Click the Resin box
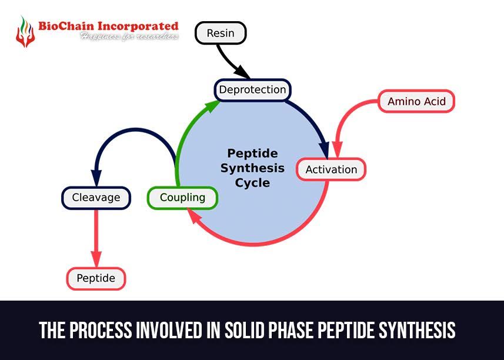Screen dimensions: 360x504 point(220,34)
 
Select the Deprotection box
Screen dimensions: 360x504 point(252,90)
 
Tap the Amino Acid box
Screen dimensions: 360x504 point(416,101)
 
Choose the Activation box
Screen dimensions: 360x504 point(331,169)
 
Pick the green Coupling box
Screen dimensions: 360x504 point(182,198)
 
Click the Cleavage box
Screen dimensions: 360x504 point(96,198)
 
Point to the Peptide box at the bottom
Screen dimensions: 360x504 point(96,278)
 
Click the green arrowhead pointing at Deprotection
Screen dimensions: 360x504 point(212,106)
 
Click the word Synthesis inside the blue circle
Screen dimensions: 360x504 point(252,168)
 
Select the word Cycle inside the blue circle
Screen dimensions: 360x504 point(252,182)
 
